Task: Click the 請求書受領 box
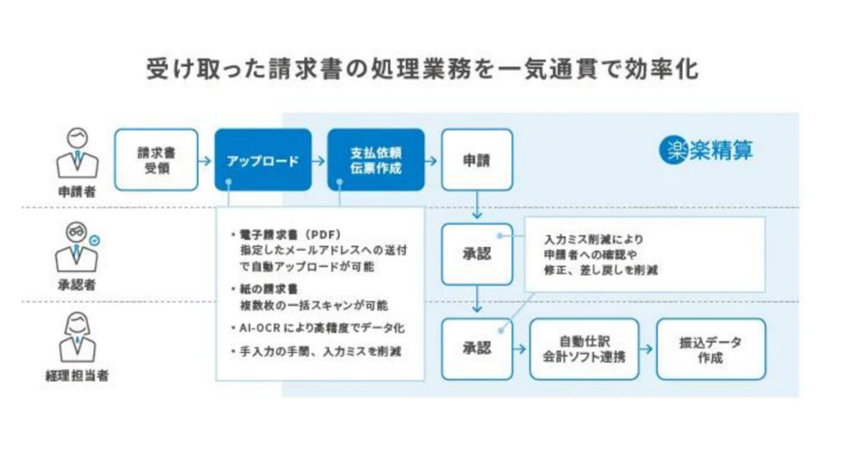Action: pyautogui.click(x=157, y=160)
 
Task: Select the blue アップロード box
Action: pyautogui.click(x=263, y=160)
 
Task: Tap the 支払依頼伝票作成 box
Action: pyautogui.click(x=376, y=160)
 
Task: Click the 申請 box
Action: pyautogui.click(x=477, y=160)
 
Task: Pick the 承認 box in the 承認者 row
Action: pyautogui.click(x=477, y=254)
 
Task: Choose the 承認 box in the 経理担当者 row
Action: pyautogui.click(x=477, y=349)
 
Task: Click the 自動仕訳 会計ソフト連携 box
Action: pyautogui.click(x=585, y=349)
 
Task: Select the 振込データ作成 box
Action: pyautogui.click(x=710, y=349)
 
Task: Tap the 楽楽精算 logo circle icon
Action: pyautogui.click(x=673, y=150)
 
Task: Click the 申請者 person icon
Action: pyautogui.click(x=77, y=154)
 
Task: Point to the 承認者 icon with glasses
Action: pyautogui.click(x=77, y=247)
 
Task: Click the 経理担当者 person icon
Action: pyautogui.click(x=77, y=337)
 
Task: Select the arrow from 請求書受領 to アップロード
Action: pyautogui.click(x=205, y=161)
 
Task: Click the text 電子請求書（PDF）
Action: pyautogui.click(x=290, y=234)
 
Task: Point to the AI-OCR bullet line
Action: pyautogui.click(x=318, y=328)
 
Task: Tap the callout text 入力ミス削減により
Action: pyautogui.click(x=593, y=239)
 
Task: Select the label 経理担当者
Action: pyautogui.click(x=77, y=375)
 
